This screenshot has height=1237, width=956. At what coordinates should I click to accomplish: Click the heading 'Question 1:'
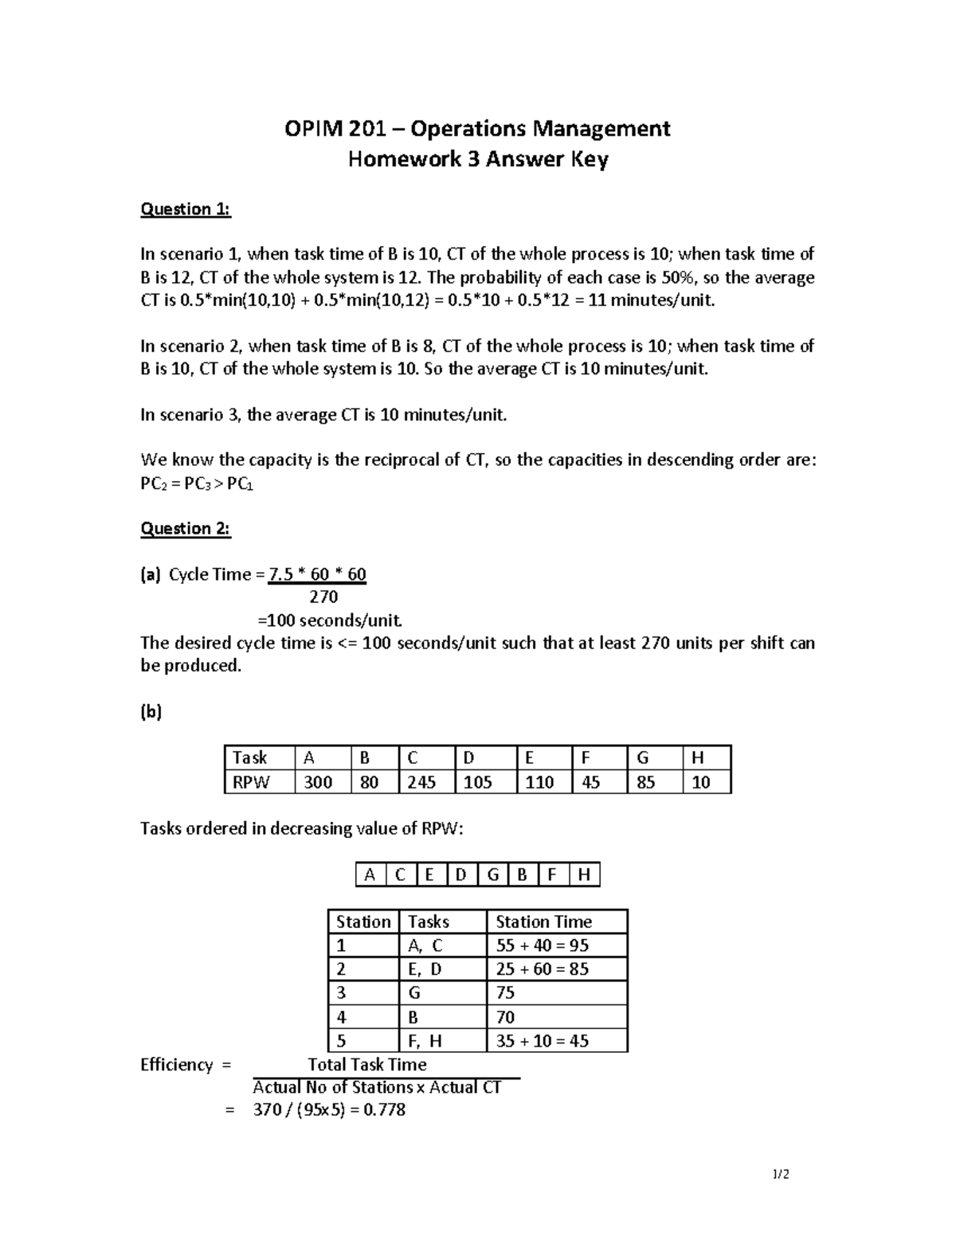coord(185,209)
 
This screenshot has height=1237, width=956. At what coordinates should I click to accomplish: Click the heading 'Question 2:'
coord(185,529)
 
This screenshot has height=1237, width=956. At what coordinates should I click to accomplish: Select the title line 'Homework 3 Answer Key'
coord(478,160)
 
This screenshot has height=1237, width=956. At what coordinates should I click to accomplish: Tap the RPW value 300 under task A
coord(318,783)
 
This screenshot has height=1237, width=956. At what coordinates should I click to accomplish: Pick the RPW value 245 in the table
coord(421,783)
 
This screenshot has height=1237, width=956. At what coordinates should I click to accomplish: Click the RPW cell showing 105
coord(478,783)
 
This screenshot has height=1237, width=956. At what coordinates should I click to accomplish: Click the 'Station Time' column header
coord(544,922)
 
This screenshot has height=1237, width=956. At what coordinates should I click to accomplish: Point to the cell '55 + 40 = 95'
coord(542,946)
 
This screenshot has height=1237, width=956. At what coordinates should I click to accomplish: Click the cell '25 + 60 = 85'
coord(542,969)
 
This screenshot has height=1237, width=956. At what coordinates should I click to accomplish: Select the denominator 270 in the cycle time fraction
coord(323,597)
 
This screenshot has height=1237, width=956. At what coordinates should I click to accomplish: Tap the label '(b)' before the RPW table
coord(151,712)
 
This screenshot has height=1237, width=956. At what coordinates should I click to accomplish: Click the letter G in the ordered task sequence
coord(492,875)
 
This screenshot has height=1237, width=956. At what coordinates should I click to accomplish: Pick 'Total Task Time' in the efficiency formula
coord(367,1065)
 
